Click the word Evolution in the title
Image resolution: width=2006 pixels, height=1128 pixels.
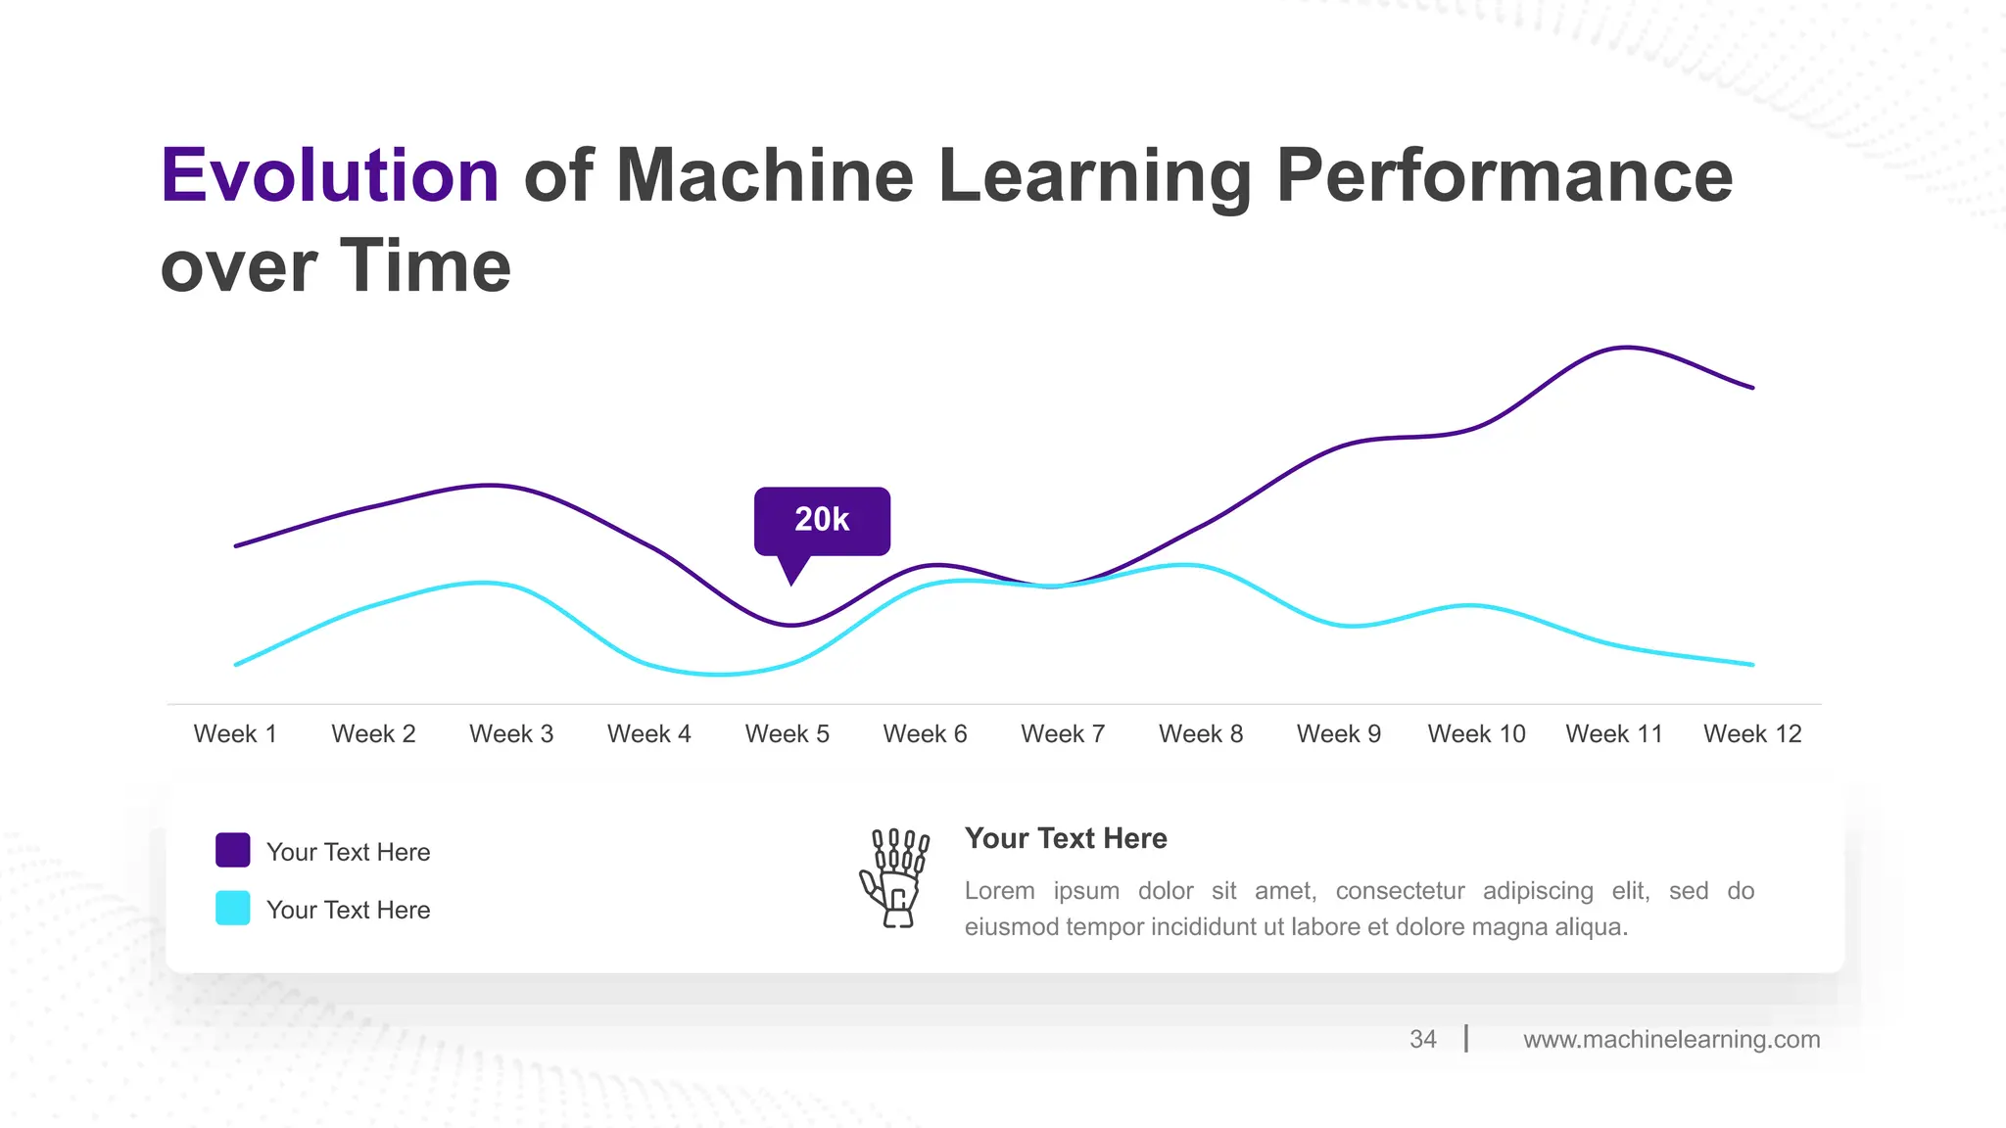[330, 176]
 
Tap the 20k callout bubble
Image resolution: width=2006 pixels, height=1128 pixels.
[822, 520]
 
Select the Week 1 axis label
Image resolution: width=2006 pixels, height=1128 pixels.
[235, 733]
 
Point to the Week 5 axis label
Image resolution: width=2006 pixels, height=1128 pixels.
[787, 733]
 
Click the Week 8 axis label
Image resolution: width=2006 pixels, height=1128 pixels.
[1201, 733]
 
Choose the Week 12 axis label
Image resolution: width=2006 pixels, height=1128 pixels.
[1752, 733]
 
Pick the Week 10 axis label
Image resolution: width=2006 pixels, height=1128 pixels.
[1476, 733]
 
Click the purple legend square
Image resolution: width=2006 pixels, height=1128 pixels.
[233, 850]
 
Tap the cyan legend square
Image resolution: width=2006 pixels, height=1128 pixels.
[233, 908]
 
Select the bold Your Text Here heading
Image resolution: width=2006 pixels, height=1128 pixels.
[1066, 838]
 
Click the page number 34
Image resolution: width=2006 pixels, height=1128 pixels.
[1422, 1039]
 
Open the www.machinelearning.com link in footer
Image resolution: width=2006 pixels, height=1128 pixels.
[1671, 1039]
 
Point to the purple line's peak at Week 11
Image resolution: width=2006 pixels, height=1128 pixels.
[1626, 347]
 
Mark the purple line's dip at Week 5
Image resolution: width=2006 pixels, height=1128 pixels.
[791, 625]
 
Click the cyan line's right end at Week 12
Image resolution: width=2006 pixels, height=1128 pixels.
[1751, 664]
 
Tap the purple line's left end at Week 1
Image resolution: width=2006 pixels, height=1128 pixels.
[237, 545]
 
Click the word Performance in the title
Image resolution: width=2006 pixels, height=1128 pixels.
[1504, 176]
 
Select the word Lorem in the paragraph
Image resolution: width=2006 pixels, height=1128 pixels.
[999, 891]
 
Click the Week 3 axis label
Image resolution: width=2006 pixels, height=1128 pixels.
[511, 733]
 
